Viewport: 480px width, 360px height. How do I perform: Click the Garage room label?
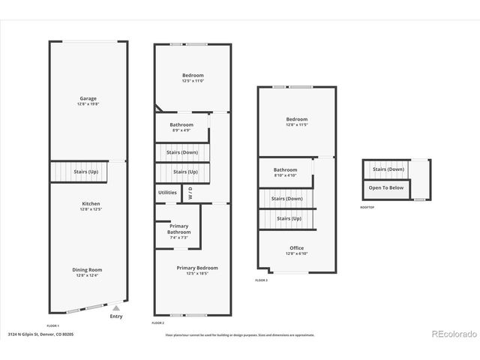(88, 98)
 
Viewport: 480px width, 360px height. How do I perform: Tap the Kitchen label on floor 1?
(91, 203)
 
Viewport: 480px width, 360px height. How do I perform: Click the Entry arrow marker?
(115, 307)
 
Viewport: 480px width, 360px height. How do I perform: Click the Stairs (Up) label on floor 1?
(85, 172)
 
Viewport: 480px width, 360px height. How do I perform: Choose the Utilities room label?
(167, 192)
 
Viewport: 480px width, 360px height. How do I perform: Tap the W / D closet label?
(190, 193)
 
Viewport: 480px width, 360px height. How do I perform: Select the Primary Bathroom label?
(178, 229)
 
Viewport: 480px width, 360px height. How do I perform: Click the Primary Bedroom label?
(197, 268)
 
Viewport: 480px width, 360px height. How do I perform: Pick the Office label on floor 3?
(297, 248)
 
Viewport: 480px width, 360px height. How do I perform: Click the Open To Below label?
(386, 188)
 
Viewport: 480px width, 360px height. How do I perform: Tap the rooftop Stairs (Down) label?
(388, 169)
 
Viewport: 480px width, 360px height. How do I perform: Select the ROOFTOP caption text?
(367, 207)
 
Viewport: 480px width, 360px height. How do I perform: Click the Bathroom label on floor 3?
(285, 170)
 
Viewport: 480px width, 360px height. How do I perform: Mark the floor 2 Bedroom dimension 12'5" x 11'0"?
(193, 80)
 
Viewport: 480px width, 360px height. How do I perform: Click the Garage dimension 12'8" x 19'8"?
(88, 103)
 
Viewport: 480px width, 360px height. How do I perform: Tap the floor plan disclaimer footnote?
(239, 335)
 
